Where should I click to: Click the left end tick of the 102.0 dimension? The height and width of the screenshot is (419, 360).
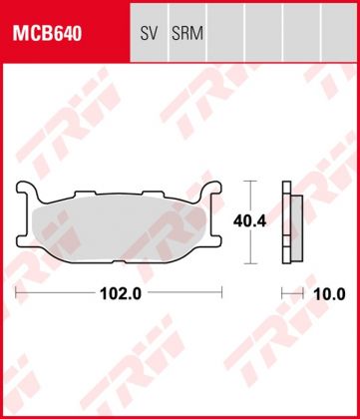[18, 293]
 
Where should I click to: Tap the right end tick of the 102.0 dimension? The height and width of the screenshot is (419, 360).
[220, 293]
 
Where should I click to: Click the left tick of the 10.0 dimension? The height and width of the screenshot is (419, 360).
[284, 293]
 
